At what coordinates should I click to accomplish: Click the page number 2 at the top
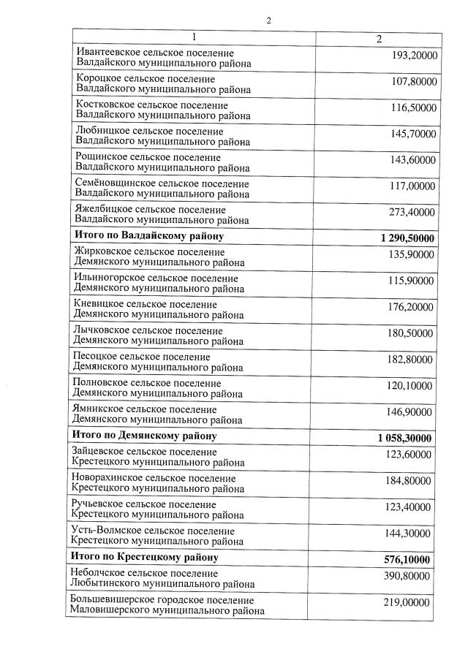point(268,20)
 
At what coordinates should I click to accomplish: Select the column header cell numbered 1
point(194,37)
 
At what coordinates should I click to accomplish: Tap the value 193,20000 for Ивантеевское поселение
point(414,56)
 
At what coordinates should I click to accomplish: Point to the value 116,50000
point(413,107)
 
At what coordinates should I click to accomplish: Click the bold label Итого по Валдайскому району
point(150,236)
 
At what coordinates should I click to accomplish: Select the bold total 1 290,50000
point(407,238)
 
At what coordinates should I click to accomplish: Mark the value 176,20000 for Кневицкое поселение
point(411,307)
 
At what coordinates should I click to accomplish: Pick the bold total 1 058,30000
point(405,438)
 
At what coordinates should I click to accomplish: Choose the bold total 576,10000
point(407,560)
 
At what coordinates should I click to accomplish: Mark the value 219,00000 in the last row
point(407,603)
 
